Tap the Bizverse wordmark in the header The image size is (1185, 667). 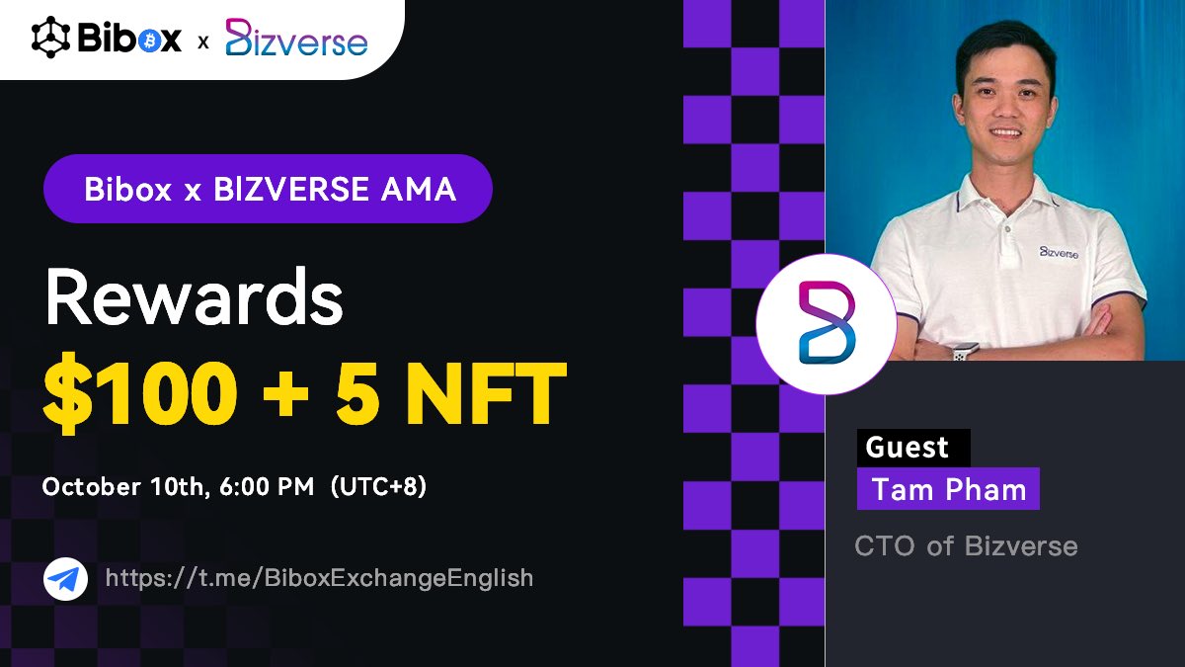[x=296, y=40]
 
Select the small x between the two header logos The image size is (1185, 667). [x=203, y=42]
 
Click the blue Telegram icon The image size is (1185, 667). [x=59, y=579]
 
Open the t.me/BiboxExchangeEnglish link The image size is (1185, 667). [x=319, y=578]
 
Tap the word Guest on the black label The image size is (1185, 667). [x=907, y=448]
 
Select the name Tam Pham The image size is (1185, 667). [x=949, y=490]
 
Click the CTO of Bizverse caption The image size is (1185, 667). [x=966, y=545]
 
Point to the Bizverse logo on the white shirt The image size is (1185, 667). [x=1058, y=252]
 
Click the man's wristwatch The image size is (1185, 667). [x=966, y=350]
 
